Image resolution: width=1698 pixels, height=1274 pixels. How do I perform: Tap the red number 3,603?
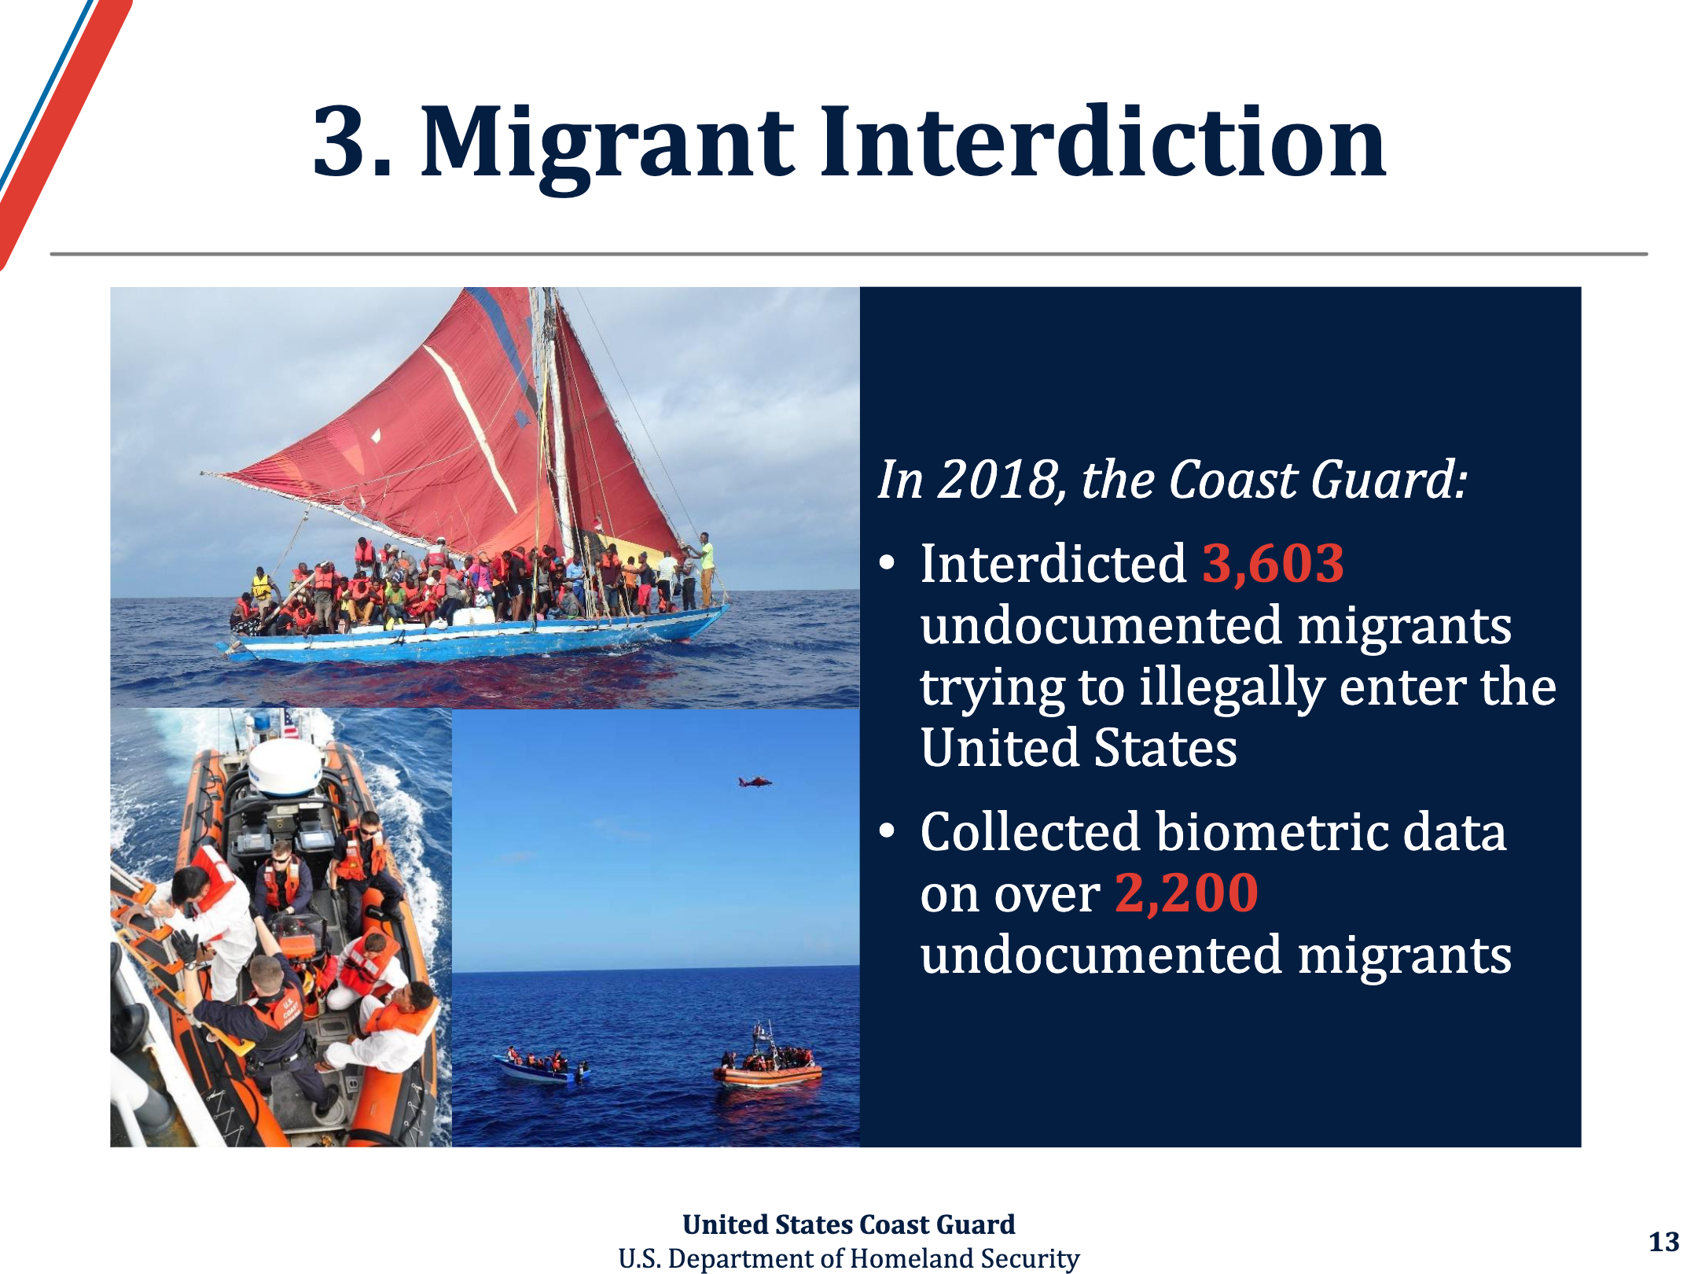[1273, 564]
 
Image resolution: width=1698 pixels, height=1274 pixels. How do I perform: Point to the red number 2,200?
[1186, 893]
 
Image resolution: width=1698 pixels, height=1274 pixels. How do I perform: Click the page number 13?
[1663, 1242]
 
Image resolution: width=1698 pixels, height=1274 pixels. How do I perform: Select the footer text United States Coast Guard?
[849, 1224]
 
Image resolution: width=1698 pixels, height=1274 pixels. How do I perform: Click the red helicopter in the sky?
[755, 781]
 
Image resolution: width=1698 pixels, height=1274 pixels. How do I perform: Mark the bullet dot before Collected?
[888, 831]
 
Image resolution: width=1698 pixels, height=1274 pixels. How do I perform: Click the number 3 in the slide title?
[341, 142]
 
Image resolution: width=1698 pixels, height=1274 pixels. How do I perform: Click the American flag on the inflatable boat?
[290, 723]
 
